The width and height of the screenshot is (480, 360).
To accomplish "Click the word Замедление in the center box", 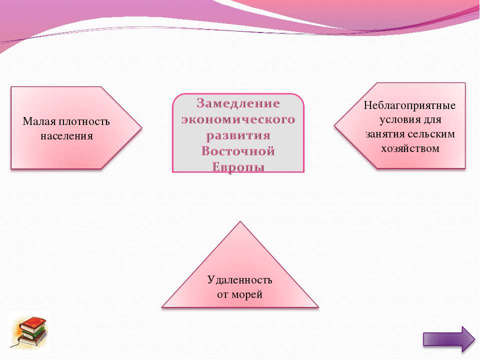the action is pyautogui.click(x=238, y=103).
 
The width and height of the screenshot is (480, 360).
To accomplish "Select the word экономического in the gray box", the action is pyautogui.click(x=238, y=119).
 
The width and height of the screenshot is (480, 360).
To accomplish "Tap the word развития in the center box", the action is pyautogui.click(x=238, y=135).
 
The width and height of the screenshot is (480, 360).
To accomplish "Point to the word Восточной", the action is pyautogui.click(x=238, y=151).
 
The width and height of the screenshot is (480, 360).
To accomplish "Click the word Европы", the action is pyautogui.click(x=238, y=167).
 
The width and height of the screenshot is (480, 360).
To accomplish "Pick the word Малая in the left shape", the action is pyautogui.click(x=39, y=121).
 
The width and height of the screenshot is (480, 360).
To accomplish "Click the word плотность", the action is pyautogui.click(x=84, y=122).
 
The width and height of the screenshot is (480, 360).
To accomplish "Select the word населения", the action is pyautogui.click(x=66, y=136).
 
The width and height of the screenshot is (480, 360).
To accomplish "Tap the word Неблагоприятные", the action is pyautogui.click(x=409, y=105).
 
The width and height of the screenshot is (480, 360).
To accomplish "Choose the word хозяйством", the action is pyautogui.click(x=410, y=148).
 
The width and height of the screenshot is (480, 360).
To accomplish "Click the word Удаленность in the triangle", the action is pyautogui.click(x=239, y=280).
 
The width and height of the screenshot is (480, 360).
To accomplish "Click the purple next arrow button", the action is pyautogui.click(x=449, y=339).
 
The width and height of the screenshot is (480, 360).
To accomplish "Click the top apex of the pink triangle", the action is pyautogui.click(x=240, y=221).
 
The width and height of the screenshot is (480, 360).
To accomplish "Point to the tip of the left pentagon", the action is pyautogui.click(x=141, y=127).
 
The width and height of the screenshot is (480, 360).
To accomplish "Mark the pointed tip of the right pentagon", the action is pyautogui.click(x=334, y=125).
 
